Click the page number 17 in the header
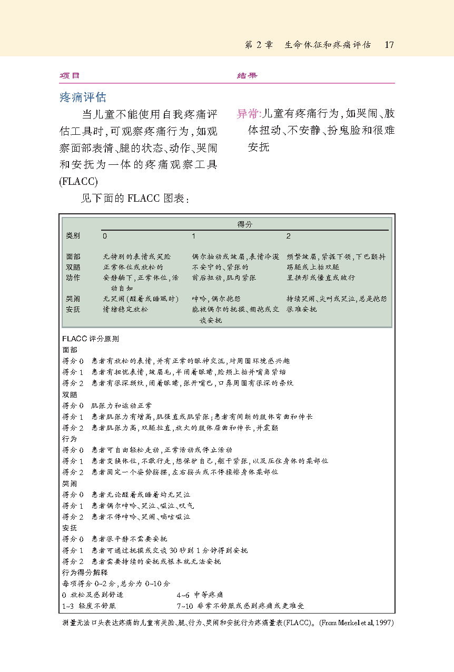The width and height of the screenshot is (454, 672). (389, 45)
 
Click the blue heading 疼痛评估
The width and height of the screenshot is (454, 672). (83, 97)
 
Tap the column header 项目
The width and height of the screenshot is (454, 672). (70, 76)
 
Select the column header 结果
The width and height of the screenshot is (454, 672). (247, 76)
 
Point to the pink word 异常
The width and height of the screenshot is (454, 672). (248, 114)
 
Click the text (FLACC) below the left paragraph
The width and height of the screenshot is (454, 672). (78, 182)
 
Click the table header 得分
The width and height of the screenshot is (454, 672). (245, 224)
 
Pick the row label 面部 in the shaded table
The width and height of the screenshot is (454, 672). (73, 257)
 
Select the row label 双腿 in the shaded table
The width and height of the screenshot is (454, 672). (73, 267)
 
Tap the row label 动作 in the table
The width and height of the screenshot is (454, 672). (73, 278)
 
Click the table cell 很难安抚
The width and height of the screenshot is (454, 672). (302, 310)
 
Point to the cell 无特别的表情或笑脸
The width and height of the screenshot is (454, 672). (136, 257)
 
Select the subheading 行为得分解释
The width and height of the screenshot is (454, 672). (85, 572)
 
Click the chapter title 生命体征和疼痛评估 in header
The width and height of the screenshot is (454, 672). (328, 45)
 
